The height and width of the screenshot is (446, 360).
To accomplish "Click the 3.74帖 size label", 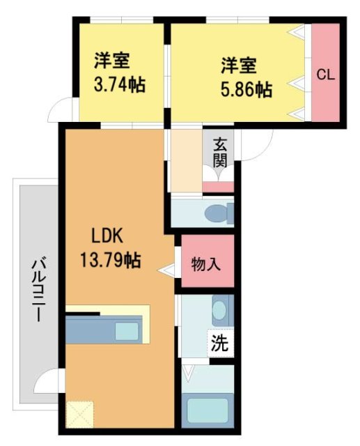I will tap(119, 85).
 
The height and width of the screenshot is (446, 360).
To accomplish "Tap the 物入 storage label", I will tap(207, 264).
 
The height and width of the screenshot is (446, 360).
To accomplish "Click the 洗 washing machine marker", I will tap(219, 343).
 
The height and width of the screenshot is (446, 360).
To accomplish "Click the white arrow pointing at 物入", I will tap(166, 268).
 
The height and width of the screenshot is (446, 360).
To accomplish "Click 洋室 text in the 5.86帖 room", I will tap(239, 66).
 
